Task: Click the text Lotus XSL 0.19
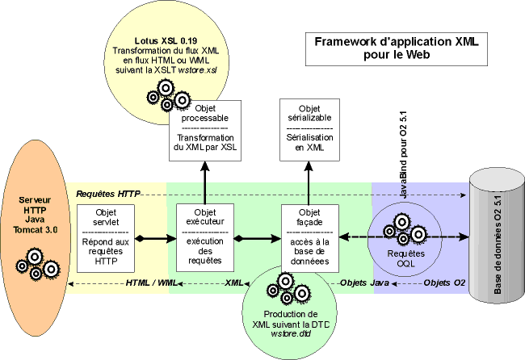pos(164,40)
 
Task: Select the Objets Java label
pos(364,283)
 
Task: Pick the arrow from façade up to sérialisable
pos(309,179)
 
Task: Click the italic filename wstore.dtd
pos(283,335)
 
